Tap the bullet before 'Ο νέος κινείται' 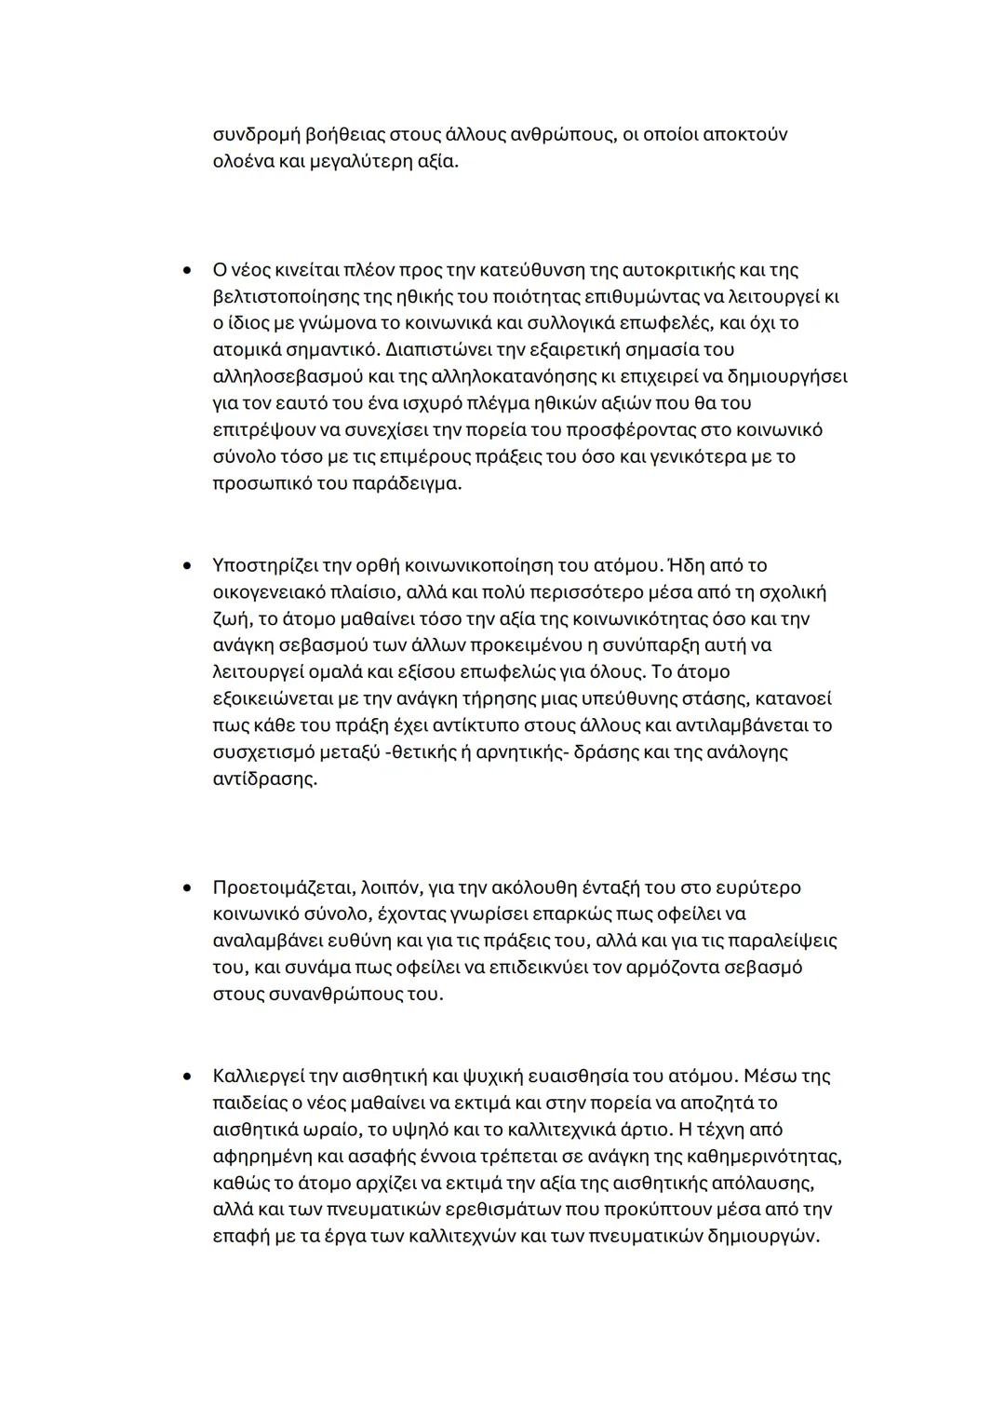188,271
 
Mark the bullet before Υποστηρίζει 188,566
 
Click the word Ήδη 685,565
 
